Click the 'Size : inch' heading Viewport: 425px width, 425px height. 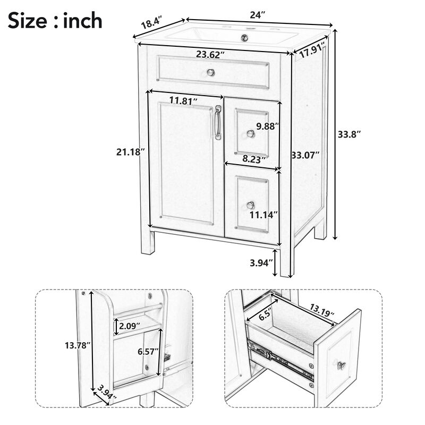coord(55,21)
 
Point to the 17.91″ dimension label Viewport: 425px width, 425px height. coord(312,53)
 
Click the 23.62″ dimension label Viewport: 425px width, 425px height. coord(210,54)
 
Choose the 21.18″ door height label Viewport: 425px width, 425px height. coord(130,152)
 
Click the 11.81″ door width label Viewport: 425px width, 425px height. coord(184,100)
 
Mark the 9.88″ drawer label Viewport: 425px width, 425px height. coord(267,126)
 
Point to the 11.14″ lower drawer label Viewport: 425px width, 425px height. coord(264,215)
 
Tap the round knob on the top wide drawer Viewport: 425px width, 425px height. coord(210,72)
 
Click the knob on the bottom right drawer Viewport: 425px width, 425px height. coord(251,205)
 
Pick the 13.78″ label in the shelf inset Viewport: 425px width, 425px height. coord(75,345)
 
